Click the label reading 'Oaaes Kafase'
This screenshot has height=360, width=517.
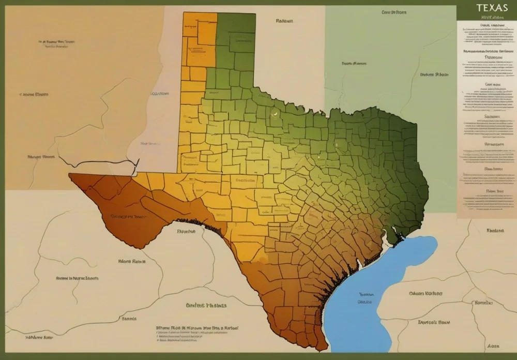tap(425, 293)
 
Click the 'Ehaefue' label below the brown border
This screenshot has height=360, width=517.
tap(186, 232)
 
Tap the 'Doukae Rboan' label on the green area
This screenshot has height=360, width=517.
tap(434, 74)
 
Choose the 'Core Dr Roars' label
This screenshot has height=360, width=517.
tap(394, 11)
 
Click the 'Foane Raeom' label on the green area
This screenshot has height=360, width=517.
tap(354, 64)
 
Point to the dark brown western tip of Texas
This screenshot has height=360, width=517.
tap(78, 178)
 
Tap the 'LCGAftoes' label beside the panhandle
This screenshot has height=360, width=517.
tap(160, 94)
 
